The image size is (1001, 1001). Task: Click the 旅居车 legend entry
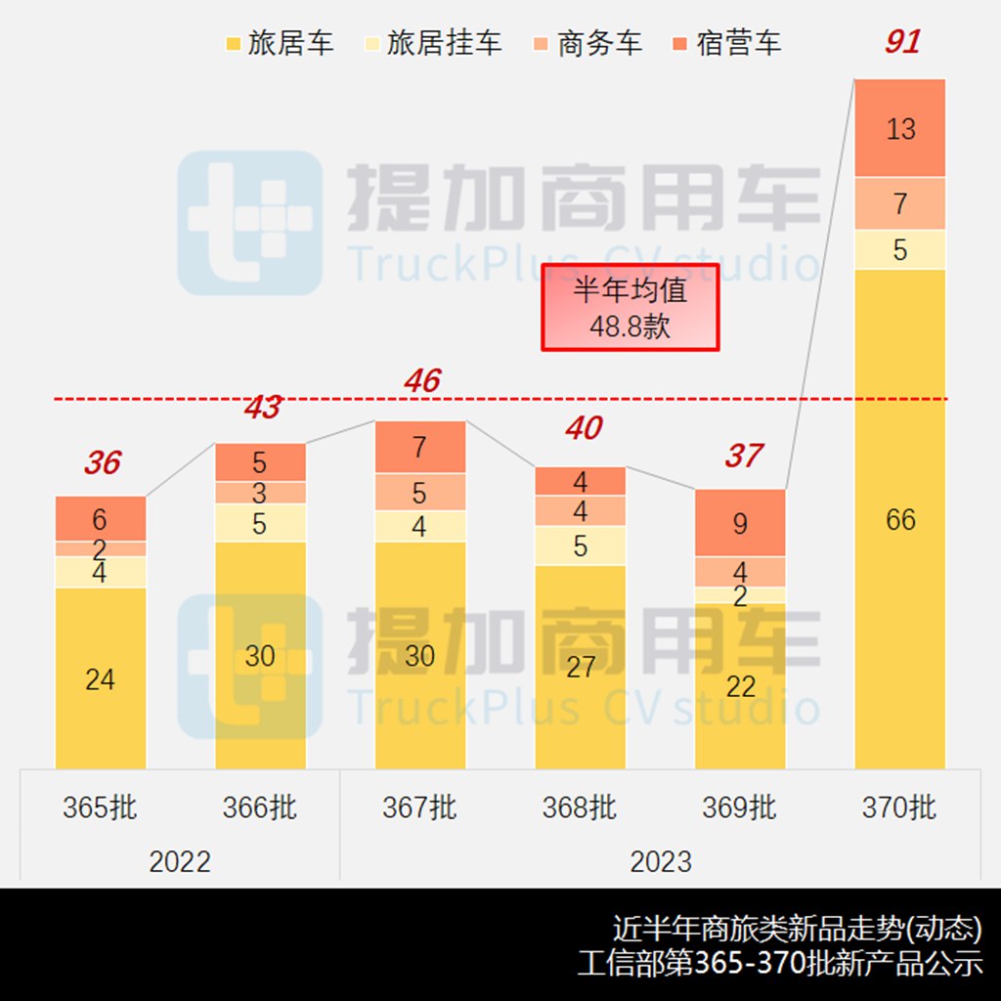280,43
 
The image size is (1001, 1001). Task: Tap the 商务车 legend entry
588,43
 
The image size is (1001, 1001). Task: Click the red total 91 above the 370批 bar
901,43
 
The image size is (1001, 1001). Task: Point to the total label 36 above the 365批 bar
102,462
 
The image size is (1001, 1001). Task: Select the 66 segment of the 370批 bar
900,519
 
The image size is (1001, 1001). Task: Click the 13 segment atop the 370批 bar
900,128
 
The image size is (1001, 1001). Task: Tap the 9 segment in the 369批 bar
740,523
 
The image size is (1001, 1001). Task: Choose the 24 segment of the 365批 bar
101,678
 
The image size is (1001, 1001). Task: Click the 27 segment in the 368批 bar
580,667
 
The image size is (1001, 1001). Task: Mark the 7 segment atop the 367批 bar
420,448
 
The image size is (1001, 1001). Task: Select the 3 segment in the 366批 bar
260,492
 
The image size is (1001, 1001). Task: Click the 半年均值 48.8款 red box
631,307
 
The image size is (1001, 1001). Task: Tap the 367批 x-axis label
419,807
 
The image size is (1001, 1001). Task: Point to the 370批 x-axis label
899,807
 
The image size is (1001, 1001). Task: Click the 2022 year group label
180,861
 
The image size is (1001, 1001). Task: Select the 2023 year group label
660,861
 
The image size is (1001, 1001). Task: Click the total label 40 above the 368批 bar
583,428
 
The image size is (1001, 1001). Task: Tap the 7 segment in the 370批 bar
900,203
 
